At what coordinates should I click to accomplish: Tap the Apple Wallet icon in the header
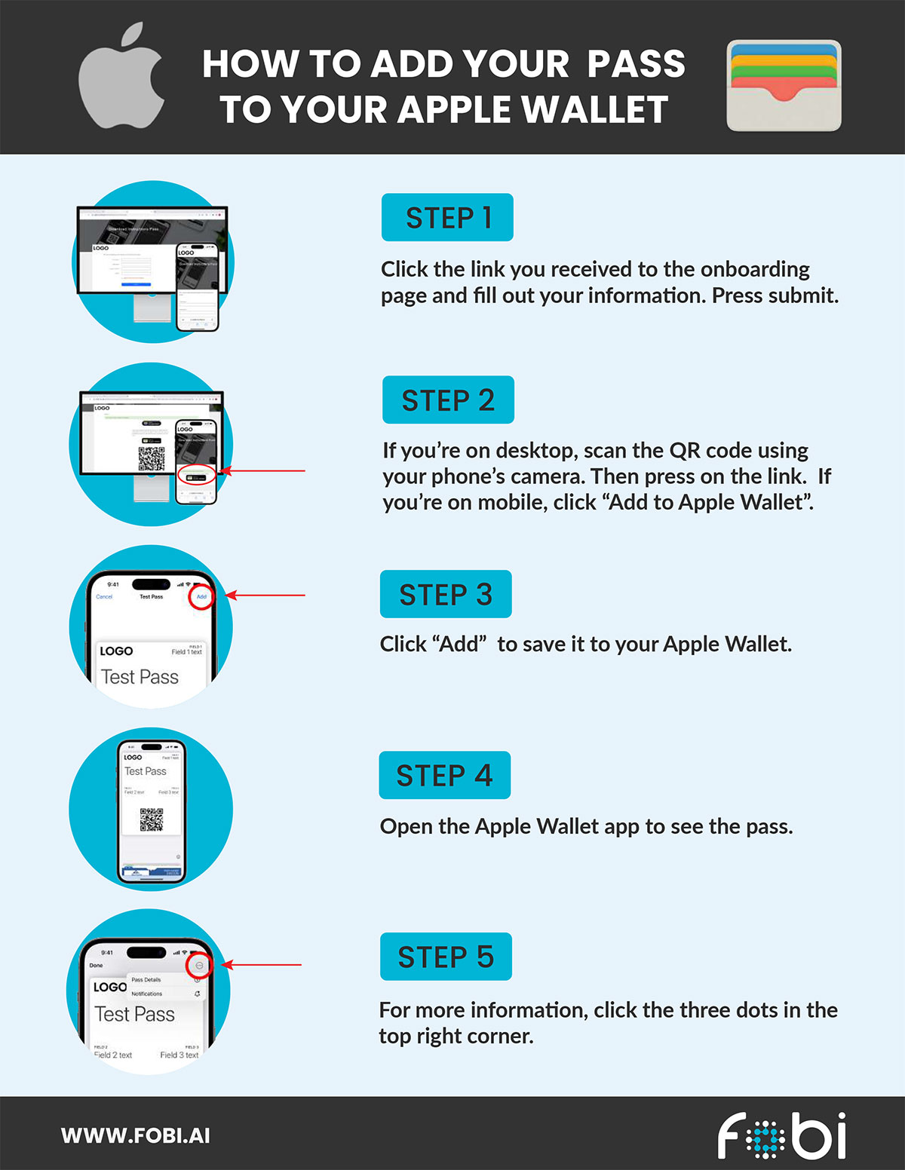[x=784, y=86]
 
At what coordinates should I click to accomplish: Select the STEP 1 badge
[x=447, y=218]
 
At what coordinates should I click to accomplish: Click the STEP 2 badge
[x=448, y=400]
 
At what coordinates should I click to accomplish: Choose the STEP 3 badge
[x=446, y=595]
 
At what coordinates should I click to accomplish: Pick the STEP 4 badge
[x=444, y=776]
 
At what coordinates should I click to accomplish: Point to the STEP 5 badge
[x=446, y=957]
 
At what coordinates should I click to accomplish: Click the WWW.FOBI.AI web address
[x=136, y=1136]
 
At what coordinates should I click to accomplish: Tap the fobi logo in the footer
[x=781, y=1136]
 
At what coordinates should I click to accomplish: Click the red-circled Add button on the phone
[x=201, y=596]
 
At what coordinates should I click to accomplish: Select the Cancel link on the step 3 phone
[x=104, y=597]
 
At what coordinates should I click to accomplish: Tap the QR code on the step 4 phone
[x=152, y=819]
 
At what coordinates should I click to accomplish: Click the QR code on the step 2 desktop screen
[x=152, y=458]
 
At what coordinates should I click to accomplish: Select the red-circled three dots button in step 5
[x=199, y=966]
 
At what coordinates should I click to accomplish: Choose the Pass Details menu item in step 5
[x=146, y=980]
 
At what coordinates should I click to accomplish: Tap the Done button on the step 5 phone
[x=96, y=965]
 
